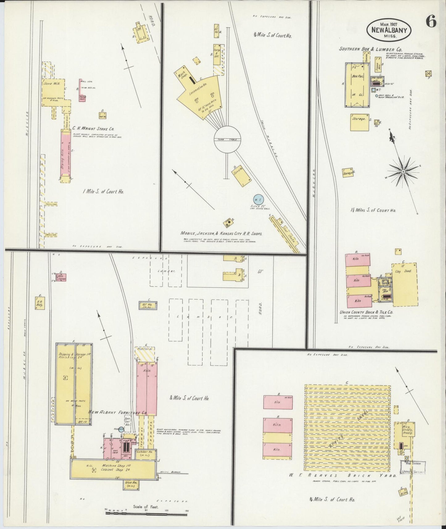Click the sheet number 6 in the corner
pos(431,23)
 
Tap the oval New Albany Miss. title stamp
pos(389,30)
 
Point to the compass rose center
pos(403,171)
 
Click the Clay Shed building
pos(404,284)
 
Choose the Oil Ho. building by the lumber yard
pos(148,305)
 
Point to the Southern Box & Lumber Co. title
pos(370,49)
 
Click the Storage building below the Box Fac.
pos(359,122)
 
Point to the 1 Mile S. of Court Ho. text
pos(103,191)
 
